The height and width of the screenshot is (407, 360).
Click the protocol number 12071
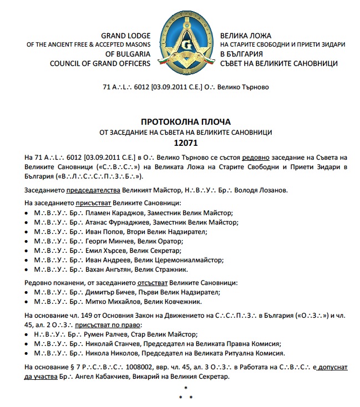180,142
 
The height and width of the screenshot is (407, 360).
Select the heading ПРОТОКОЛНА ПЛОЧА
180,121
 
